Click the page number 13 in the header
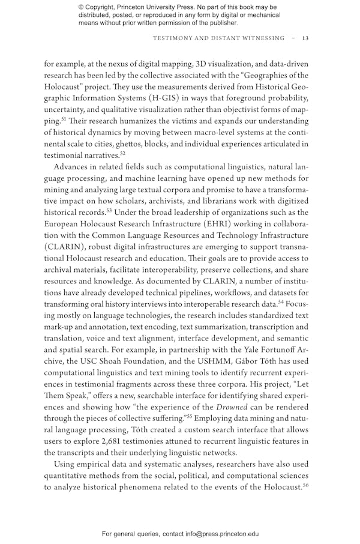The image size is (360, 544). tap(305, 38)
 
